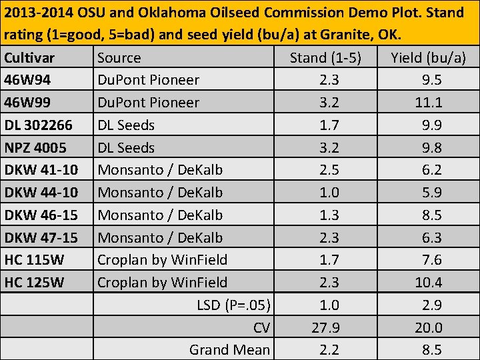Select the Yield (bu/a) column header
(428, 58)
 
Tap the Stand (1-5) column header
(325, 58)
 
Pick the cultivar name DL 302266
(41, 125)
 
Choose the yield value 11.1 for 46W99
(428, 103)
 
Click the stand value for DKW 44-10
(329, 193)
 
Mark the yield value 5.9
(432, 193)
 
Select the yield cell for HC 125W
(428, 283)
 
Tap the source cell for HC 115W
(162, 260)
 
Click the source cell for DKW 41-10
(160, 170)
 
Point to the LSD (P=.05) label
(233, 305)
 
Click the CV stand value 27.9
(325, 327)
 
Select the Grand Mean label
(229, 350)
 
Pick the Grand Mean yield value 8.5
(432, 350)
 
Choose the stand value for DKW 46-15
(329, 215)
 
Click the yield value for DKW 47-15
(432, 237)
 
